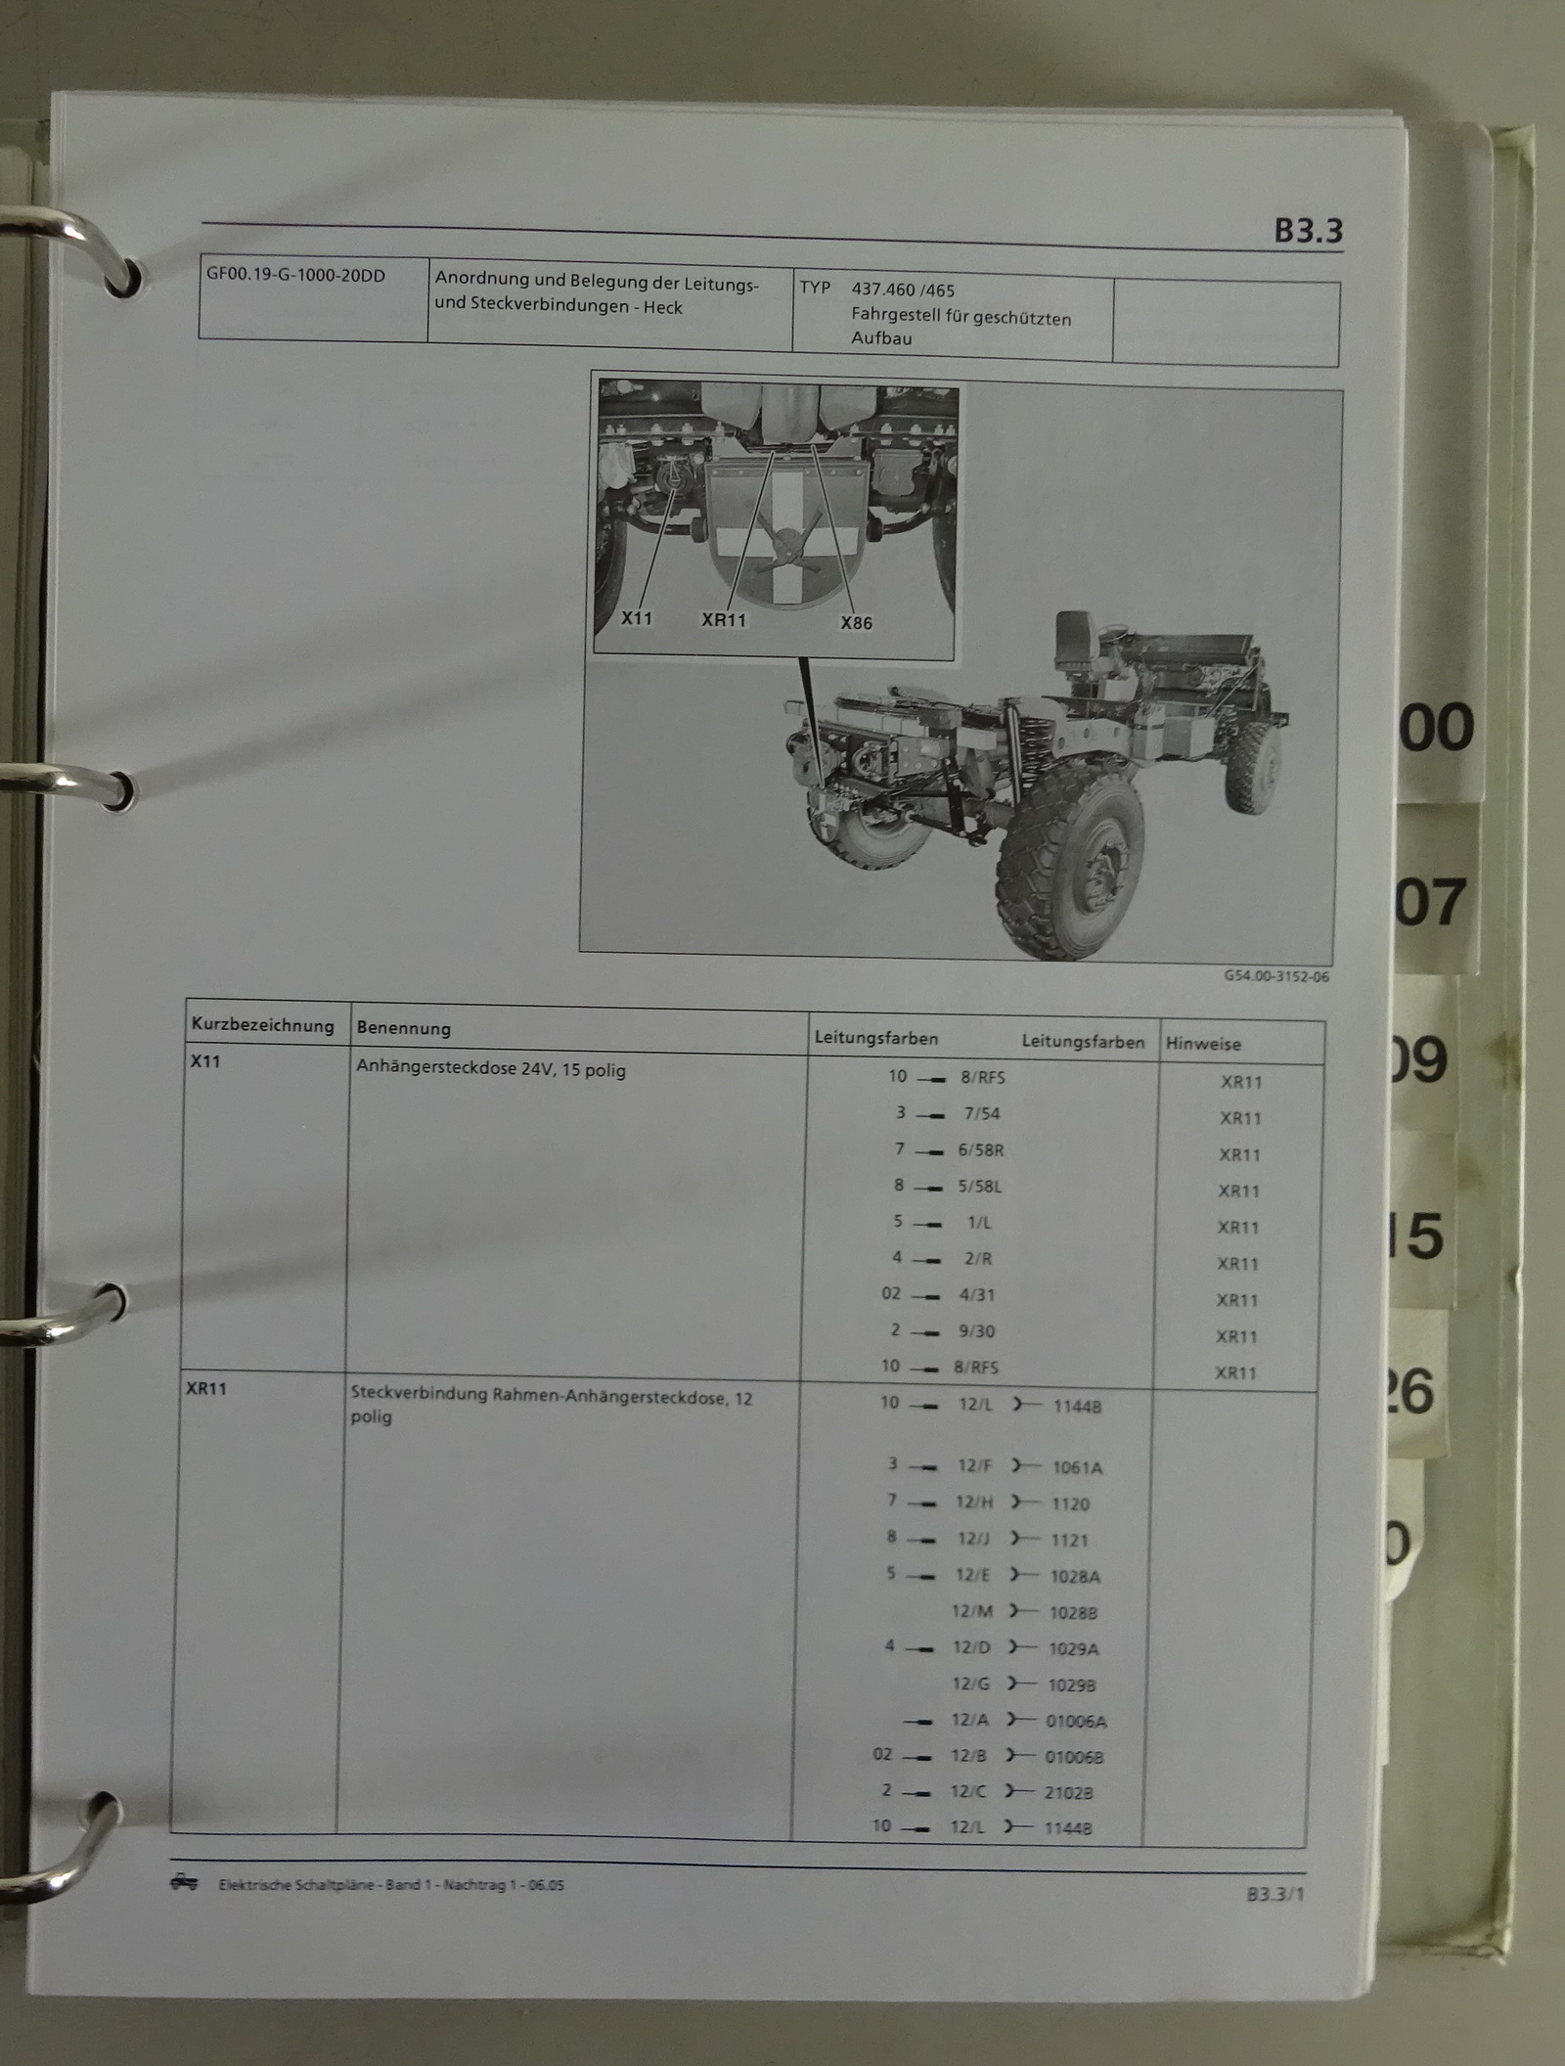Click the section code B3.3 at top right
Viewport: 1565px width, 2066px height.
[1308, 231]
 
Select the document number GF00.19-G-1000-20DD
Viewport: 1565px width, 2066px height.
[295, 275]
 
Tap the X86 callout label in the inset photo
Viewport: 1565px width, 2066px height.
[856, 622]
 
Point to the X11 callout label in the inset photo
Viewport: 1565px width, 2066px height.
[637, 618]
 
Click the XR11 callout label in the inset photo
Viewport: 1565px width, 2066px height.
[724, 619]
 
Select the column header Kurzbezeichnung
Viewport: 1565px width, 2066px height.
[262, 1025]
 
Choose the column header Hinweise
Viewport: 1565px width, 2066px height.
[1203, 1044]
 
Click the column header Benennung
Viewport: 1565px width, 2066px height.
[403, 1028]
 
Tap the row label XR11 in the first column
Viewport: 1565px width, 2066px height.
[206, 1388]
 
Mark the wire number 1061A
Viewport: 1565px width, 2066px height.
[1077, 1467]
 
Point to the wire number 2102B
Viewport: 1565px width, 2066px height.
[1069, 1793]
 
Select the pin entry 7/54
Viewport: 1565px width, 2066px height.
[981, 1113]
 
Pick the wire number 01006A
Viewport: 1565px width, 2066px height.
[1076, 1721]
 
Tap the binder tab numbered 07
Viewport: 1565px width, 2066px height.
[1430, 902]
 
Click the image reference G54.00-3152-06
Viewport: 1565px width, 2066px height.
[1276, 976]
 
